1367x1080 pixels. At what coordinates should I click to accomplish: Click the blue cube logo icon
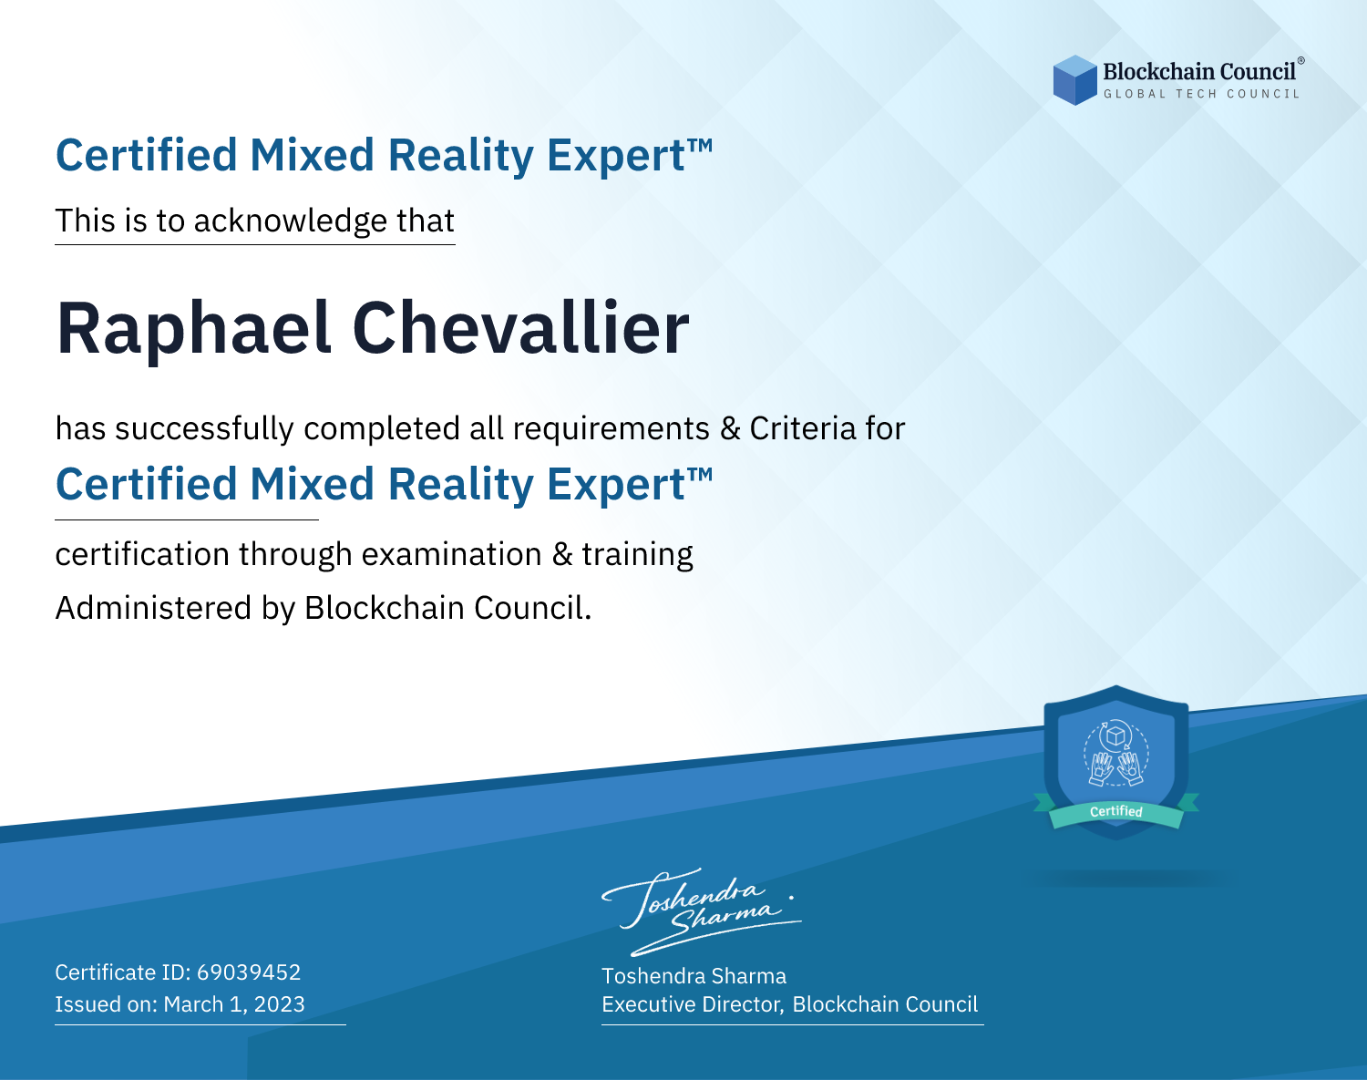(x=1074, y=80)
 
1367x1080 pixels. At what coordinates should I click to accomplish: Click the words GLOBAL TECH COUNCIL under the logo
(x=1202, y=94)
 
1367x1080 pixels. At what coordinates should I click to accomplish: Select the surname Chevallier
(x=521, y=327)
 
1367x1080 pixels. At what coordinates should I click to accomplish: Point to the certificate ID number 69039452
(x=249, y=972)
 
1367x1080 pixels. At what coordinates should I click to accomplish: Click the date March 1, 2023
(x=234, y=1004)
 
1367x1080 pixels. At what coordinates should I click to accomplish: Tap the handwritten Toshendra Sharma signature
(x=702, y=911)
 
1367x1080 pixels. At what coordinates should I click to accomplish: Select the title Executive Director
(x=693, y=1005)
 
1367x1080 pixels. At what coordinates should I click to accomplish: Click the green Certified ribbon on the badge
(x=1116, y=811)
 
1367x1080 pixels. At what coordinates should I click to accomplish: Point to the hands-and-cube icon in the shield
(x=1116, y=754)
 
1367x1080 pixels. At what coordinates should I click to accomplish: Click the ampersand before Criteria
(x=730, y=429)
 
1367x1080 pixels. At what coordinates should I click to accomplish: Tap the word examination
(x=452, y=554)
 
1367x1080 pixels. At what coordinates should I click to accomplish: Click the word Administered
(x=153, y=608)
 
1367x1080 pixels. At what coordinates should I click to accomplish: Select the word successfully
(x=204, y=429)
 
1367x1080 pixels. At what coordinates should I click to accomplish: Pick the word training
(x=637, y=555)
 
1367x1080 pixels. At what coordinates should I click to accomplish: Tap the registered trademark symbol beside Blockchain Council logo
(x=1301, y=61)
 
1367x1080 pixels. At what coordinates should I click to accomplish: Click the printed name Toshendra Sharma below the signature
(x=694, y=976)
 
